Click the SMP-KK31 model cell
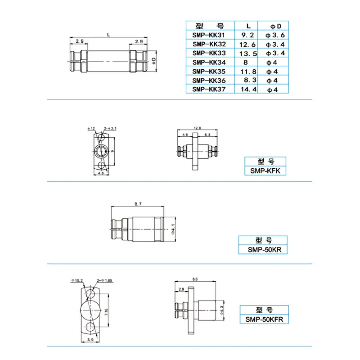click(208, 35)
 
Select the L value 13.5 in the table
click(248, 54)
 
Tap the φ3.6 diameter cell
click(275, 35)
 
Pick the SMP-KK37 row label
click(209, 89)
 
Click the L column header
click(248, 26)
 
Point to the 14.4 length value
click(248, 89)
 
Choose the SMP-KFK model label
click(265, 171)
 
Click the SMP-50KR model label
click(265, 250)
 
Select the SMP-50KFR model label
click(264, 319)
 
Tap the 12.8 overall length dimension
click(197, 128)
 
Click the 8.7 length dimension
click(138, 204)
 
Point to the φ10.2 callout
click(77, 280)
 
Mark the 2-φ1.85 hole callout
click(104, 280)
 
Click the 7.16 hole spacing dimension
click(106, 312)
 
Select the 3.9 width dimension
click(90, 339)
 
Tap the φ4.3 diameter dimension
click(221, 310)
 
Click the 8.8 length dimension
click(195, 279)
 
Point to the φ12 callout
click(91, 129)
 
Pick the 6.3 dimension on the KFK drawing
click(207, 135)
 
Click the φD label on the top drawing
click(154, 61)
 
